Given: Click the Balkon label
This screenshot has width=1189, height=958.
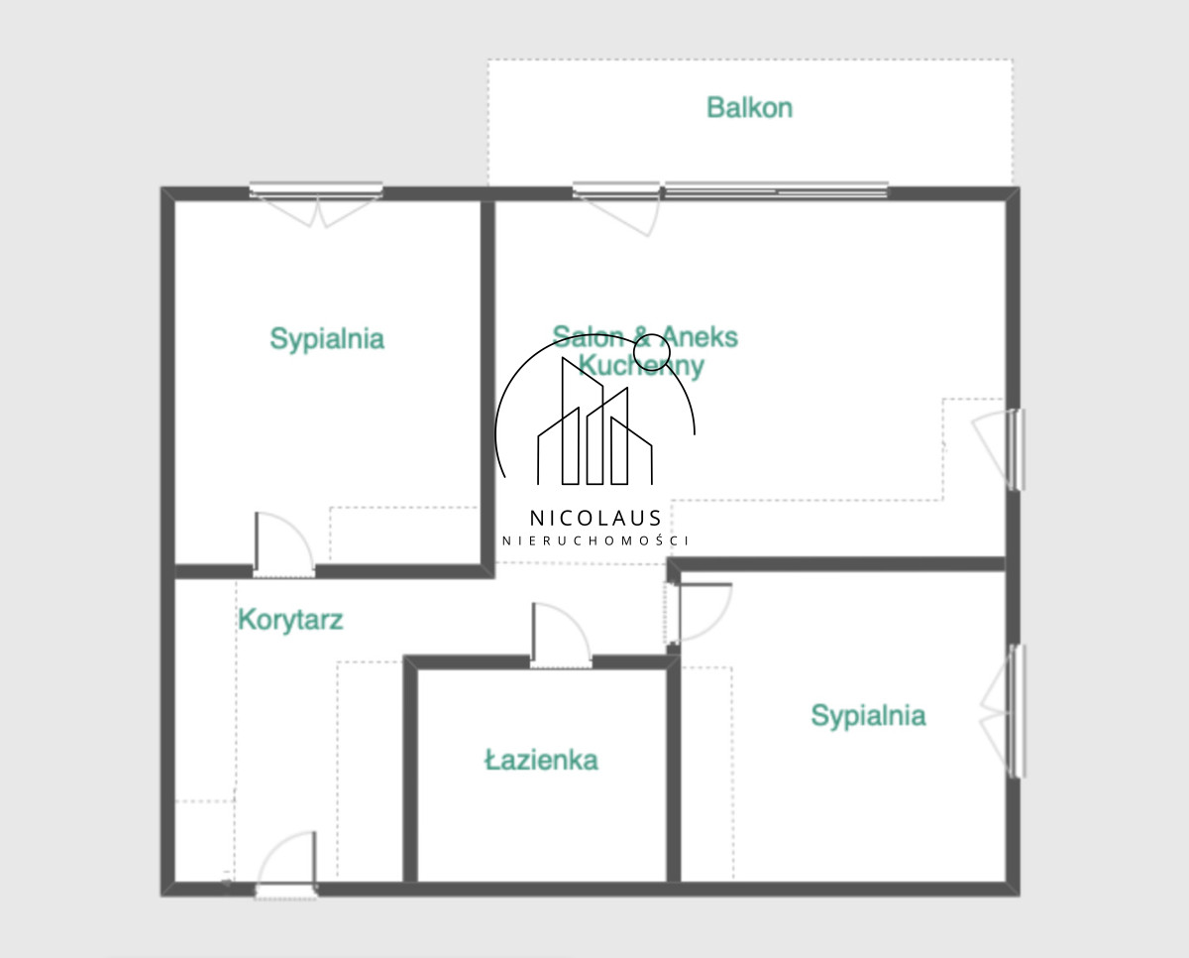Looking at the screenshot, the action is point(749,108).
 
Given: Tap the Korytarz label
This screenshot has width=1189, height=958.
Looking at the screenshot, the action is point(290,620).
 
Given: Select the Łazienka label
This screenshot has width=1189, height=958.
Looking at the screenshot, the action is point(541,760).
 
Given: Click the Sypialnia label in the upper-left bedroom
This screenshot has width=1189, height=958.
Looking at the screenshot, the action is point(327,339).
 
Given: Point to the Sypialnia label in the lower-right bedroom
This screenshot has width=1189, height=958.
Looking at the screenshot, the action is point(868,716).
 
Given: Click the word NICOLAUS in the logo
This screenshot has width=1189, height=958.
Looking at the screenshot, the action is point(595,519).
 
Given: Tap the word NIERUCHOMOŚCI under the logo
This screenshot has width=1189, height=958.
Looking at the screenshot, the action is point(595,540).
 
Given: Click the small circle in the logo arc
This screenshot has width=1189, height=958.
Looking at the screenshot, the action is point(651,352).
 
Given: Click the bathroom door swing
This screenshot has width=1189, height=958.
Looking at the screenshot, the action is point(561,635).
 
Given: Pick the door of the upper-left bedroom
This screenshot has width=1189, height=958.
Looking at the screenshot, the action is point(284,544).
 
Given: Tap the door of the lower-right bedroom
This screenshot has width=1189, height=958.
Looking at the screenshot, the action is point(699,613).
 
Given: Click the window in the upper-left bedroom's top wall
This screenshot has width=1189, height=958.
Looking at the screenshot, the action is point(316,190).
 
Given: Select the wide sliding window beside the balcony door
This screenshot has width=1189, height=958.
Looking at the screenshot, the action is point(776,189).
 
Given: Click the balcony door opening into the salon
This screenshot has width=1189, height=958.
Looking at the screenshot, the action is point(617,208).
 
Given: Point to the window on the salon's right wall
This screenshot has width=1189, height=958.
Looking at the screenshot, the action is point(1018,449).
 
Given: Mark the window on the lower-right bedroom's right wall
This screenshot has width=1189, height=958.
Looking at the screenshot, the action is point(1018,711).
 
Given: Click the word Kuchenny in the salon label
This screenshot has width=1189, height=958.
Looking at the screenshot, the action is point(641,367).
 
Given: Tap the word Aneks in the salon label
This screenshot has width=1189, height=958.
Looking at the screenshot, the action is point(699,337).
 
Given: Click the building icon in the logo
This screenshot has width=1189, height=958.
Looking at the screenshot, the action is point(595,421).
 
